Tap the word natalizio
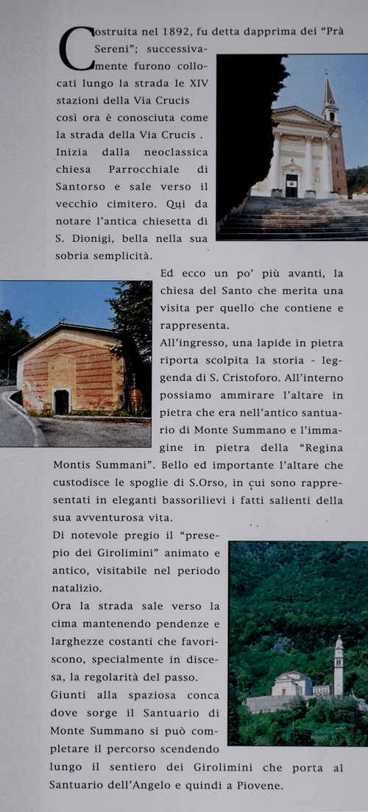click(77, 588)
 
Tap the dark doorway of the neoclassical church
click(291, 185)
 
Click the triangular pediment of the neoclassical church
click(302, 116)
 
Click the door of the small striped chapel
click(62, 402)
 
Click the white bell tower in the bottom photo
click(338, 666)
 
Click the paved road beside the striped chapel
click(18, 423)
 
